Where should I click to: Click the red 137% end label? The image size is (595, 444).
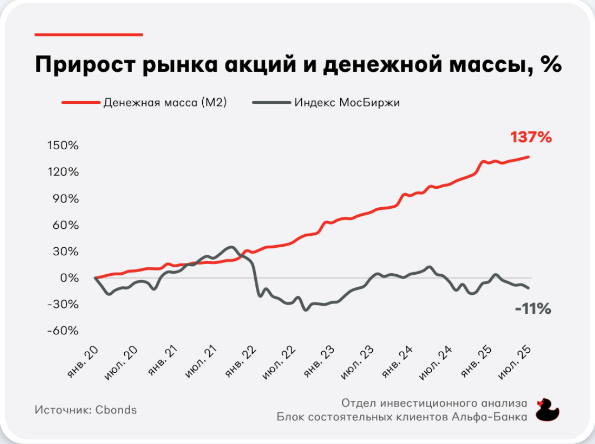point(531,137)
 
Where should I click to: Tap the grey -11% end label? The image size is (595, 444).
point(533,308)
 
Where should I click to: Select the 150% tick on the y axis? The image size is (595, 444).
point(63,145)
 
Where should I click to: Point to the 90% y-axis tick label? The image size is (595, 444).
point(65,198)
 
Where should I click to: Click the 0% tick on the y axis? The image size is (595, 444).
point(70,278)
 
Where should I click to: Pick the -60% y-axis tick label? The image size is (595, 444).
point(63,330)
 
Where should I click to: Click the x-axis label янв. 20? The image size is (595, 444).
point(82,362)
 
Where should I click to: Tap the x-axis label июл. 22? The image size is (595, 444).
point(279,363)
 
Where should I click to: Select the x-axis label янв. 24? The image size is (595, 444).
point(397,362)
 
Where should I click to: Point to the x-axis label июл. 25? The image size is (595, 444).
point(514,363)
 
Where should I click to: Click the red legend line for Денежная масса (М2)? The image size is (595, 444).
point(81,102)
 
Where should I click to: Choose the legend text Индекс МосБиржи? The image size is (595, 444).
point(347,103)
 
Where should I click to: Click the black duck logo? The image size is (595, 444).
point(547,410)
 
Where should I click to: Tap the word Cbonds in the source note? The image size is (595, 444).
point(116,410)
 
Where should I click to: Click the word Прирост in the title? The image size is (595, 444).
point(85,64)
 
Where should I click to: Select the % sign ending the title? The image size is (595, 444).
point(551,63)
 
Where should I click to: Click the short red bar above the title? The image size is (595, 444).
point(89,35)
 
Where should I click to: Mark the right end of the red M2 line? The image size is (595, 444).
point(529,157)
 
